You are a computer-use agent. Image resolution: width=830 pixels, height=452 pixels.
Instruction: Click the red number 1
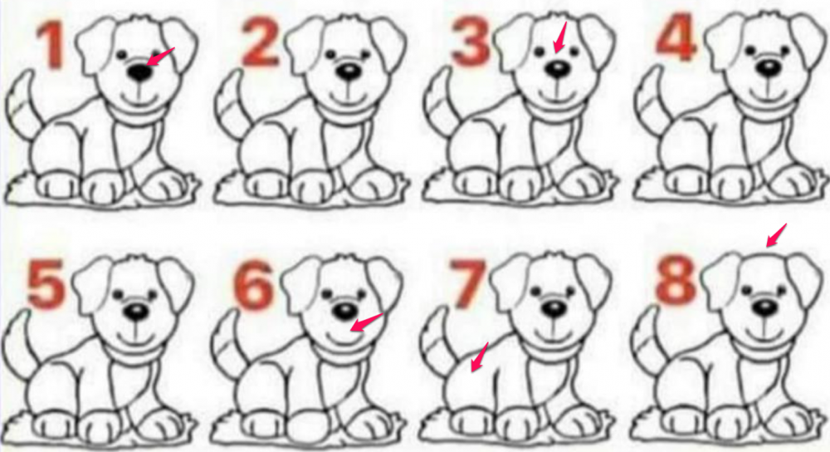pos(51,46)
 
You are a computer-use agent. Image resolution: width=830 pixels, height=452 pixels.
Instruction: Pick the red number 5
pos(46,283)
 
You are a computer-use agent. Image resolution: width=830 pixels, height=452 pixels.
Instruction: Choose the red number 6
pos(255,284)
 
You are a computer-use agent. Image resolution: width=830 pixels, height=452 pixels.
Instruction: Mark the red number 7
pos(466,284)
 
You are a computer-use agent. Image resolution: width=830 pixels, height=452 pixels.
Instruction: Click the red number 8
pos(676,278)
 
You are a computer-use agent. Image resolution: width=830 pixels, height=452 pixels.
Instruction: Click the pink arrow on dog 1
pos(160,56)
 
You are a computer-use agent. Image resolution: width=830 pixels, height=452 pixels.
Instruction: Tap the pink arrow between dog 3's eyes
pos(559,37)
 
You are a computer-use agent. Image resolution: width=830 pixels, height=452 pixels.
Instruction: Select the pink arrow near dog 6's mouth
pos(366,322)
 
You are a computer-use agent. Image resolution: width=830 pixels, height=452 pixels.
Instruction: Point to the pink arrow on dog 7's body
pos(480,356)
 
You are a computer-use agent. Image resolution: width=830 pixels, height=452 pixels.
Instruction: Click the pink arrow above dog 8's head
pos(777,235)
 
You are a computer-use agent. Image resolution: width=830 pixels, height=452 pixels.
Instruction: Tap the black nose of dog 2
pos(349,71)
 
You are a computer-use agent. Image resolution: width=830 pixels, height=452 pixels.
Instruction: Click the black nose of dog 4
pos(767,68)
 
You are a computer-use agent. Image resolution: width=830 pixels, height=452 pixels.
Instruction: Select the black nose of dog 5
pos(137,312)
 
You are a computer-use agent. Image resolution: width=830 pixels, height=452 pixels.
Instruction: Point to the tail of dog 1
pos(22,104)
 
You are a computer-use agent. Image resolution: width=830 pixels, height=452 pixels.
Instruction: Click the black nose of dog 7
pos(554,309)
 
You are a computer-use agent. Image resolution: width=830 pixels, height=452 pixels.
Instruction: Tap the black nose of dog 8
pos(765,307)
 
